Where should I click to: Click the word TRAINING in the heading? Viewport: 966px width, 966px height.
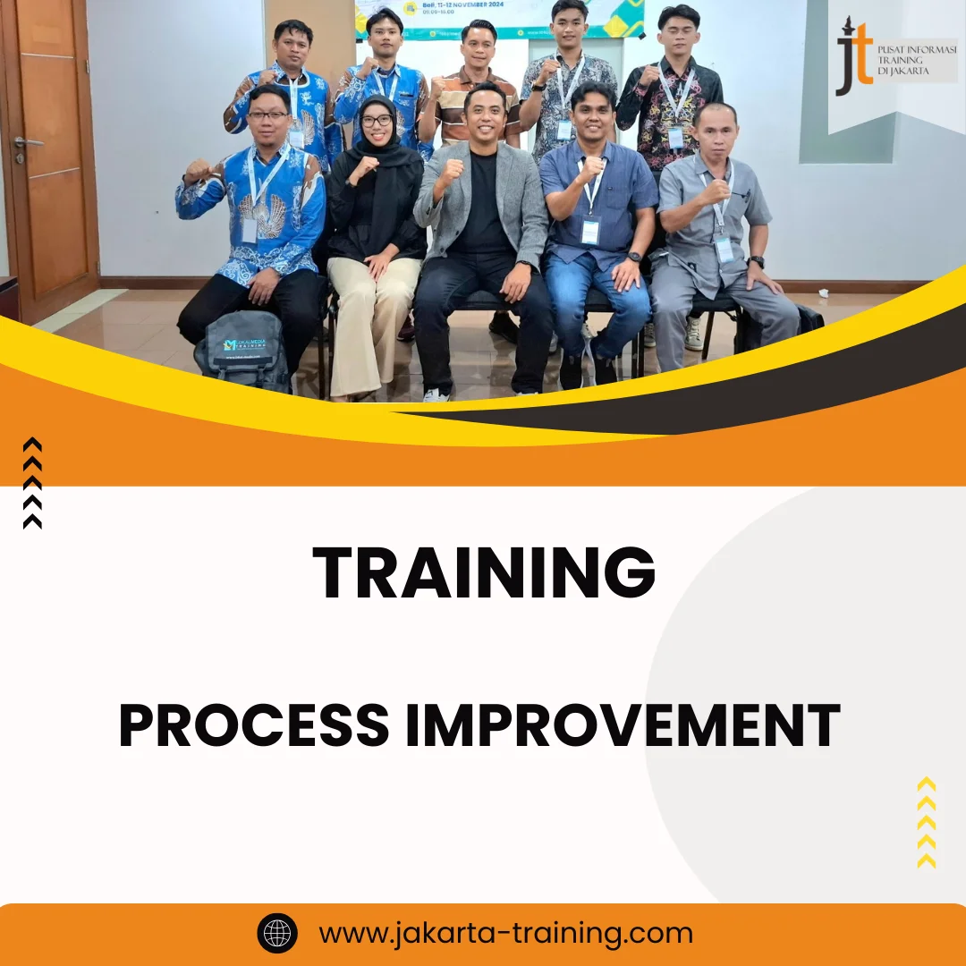coord(483,573)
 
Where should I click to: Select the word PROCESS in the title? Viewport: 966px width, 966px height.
coord(254,725)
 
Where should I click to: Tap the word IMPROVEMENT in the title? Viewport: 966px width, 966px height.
coord(623,725)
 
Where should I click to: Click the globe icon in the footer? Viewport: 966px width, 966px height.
coord(277,934)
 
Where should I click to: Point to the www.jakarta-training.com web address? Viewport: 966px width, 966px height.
coord(506,934)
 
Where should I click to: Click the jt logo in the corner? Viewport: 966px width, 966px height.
coord(853,59)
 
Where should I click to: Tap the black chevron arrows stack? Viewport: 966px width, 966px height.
coord(32,483)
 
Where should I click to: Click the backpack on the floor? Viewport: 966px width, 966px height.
coord(241,351)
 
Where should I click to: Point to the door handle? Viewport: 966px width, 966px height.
coord(27,141)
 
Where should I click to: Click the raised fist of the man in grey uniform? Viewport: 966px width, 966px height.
coord(716,191)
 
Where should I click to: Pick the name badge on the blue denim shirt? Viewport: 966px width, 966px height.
coord(590,231)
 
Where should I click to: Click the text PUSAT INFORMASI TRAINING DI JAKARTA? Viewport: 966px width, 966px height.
coord(916,59)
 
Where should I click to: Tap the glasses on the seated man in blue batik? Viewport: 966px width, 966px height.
coord(268,115)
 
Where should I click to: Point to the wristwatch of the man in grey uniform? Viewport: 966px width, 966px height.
coord(756,261)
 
